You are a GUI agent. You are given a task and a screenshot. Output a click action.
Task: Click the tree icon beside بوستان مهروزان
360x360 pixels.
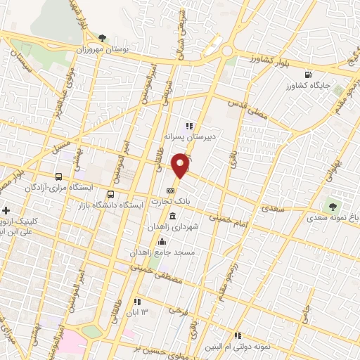(x=103, y=37)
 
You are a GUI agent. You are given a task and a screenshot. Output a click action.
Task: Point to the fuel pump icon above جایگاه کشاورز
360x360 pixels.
(x=307, y=75)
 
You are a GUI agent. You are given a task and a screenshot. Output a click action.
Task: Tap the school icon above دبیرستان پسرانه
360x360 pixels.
(x=188, y=126)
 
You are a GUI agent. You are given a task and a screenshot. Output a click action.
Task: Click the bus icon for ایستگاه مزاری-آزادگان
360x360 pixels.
(x=58, y=176)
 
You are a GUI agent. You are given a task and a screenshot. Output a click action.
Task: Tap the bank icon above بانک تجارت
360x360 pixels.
(x=170, y=191)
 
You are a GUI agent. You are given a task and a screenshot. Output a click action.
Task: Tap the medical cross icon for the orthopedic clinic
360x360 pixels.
(x=6, y=210)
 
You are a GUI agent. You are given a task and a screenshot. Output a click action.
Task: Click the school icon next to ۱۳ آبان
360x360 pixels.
(x=138, y=302)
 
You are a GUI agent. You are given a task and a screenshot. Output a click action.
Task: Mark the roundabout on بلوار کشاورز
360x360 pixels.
(x=226, y=51)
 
